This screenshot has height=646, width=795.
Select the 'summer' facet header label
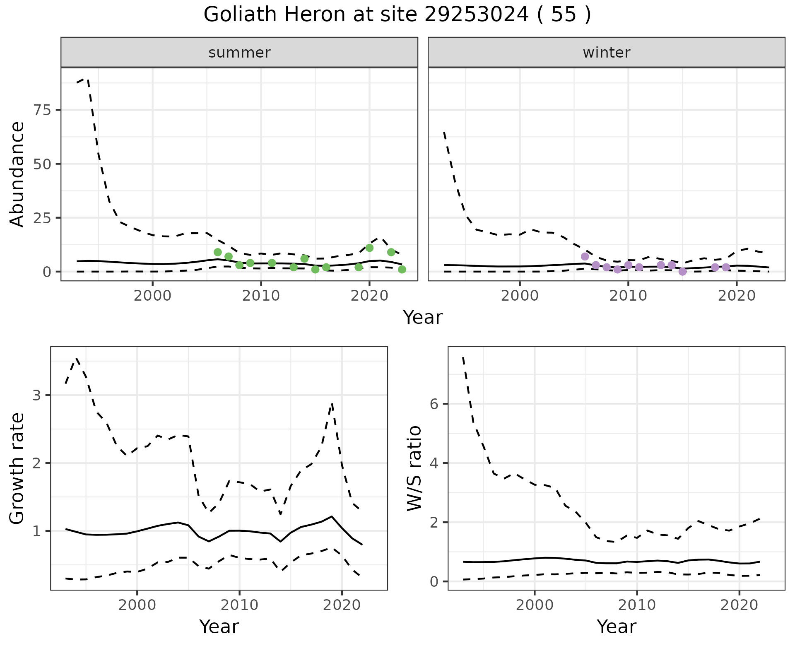pos(239,53)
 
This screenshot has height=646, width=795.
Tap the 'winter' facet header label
pos(606,53)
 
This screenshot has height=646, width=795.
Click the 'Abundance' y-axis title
pos(17,174)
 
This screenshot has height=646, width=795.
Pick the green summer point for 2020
pos(369,248)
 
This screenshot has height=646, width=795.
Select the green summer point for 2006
pos(217,252)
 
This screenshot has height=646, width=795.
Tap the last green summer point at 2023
pos(402,270)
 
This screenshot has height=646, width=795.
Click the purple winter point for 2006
pos(585,256)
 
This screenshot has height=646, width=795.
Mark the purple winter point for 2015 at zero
pos(682,272)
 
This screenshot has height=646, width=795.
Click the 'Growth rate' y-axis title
pos(17,469)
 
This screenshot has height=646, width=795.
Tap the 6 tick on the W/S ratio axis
pos(434,404)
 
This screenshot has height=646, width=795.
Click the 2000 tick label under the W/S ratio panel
pos(534,605)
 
